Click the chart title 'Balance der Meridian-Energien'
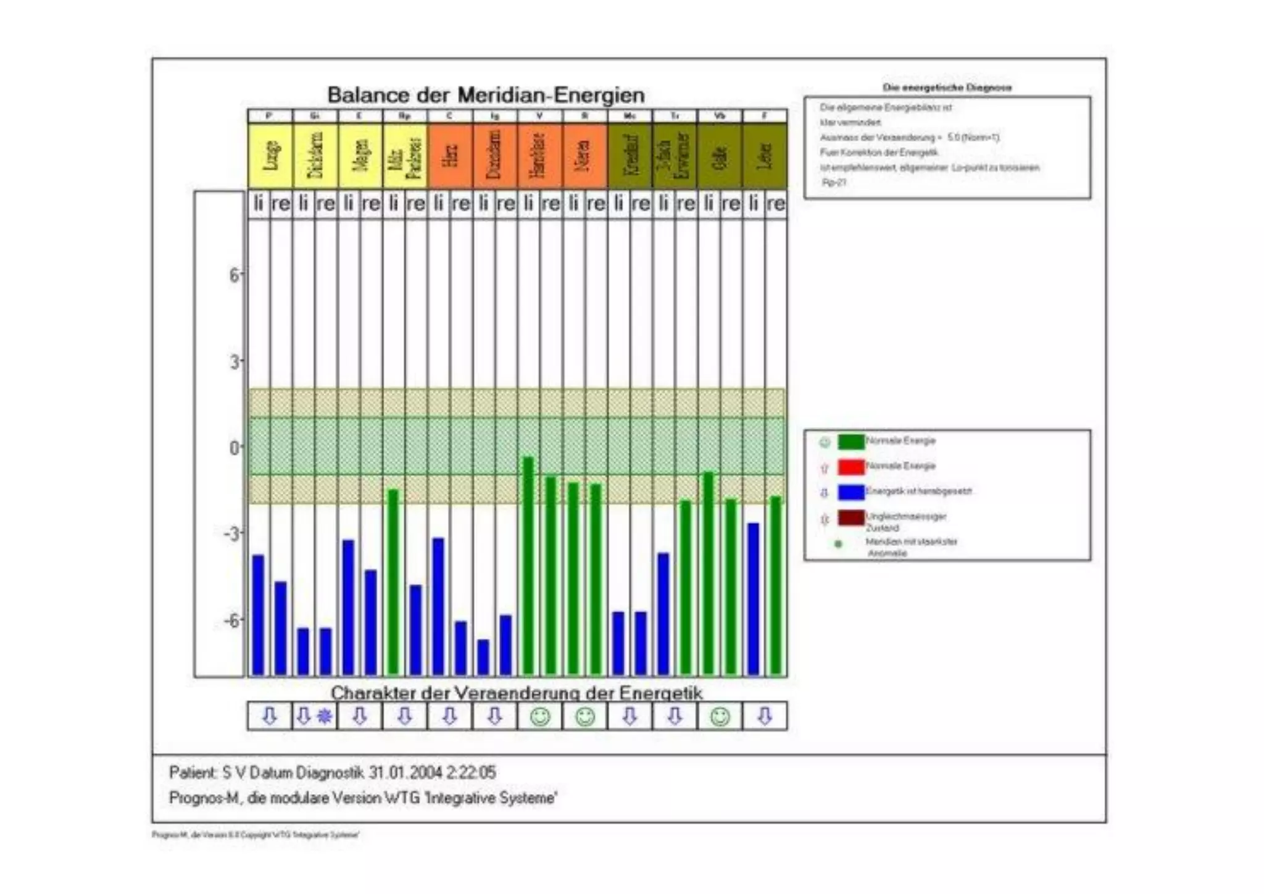[486, 95]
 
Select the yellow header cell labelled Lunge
[270, 155]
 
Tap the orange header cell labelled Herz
[450, 155]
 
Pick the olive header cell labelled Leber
[765, 155]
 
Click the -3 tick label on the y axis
[232, 533]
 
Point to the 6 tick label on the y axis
[235, 275]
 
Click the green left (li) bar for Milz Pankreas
[393, 582]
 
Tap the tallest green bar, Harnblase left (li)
[528, 566]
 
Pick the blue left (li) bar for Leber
[753, 598]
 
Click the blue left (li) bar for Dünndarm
[483, 657]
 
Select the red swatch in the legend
[850, 467]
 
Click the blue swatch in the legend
[850, 492]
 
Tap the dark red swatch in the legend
[850, 518]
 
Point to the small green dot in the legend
[838, 544]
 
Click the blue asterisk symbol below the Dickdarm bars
[325, 716]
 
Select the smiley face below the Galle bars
[720, 716]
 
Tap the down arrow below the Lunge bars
[270, 716]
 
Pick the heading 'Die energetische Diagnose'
[947, 88]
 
